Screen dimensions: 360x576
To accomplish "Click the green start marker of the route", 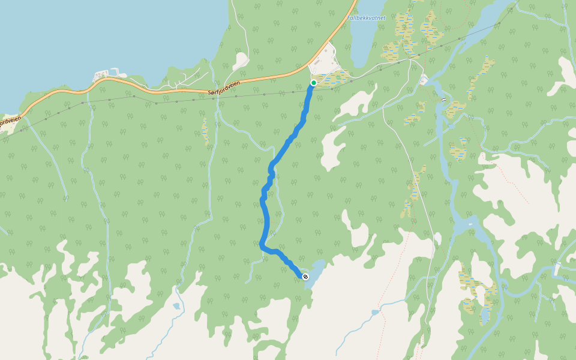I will pyautogui.click(x=313, y=83).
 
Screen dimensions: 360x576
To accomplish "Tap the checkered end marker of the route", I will pyautogui.click(x=305, y=277).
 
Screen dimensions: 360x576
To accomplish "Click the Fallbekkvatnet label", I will pyautogui.click(x=366, y=18).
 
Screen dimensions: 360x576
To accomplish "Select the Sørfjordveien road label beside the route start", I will pyautogui.click(x=223, y=88).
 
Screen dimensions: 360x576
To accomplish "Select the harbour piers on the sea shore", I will pyautogui.click(x=108, y=74).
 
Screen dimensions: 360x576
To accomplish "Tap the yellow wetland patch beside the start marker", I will pyautogui.click(x=336, y=78).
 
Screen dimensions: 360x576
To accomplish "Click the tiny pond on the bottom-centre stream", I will pyautogui.click(x=176, y=306).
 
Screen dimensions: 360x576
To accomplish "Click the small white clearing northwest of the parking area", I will pyautogui.click(x=241, y=60).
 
